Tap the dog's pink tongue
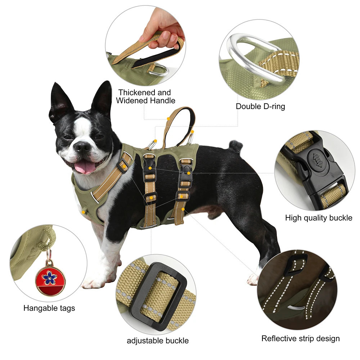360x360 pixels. (85, 167)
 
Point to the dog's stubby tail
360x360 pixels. (236, 145)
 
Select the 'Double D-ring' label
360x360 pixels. (260, 106)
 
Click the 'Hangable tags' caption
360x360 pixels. (49, 308)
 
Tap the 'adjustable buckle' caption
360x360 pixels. (158, 341)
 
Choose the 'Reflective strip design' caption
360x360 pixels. (301, 338)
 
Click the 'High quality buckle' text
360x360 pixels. (319, 218)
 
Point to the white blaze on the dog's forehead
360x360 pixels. (82, 126)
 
